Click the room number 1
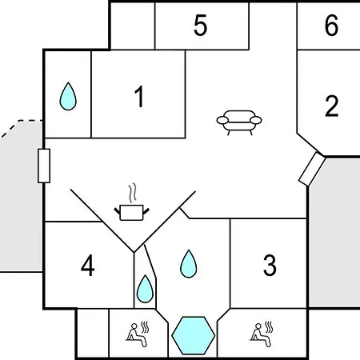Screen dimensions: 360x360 pos(139,97)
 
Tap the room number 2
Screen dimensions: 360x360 pos(331,106)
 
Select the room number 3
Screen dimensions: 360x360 pos(270,265)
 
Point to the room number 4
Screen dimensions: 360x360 pos(88,265)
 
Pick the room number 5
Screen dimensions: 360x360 pos(200,25)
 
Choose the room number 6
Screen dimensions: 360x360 pos(331,25)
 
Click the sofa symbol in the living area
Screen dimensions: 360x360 pos(239,122)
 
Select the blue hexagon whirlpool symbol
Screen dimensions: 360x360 pos(194,335)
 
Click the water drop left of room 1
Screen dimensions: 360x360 pos(68,97)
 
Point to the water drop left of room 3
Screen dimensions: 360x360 pos(189,264)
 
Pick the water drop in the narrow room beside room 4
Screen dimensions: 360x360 pos(145,289)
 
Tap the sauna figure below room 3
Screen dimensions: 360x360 pos(262,334)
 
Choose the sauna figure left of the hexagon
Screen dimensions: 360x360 pos(138,334)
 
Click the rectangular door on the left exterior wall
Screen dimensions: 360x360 pos(44,166)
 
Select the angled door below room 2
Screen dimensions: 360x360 pos(312,169)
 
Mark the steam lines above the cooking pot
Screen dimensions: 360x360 pos(132,193)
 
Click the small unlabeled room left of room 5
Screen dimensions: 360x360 pos(133,26)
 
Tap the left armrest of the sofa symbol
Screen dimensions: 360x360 pos(222,120)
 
